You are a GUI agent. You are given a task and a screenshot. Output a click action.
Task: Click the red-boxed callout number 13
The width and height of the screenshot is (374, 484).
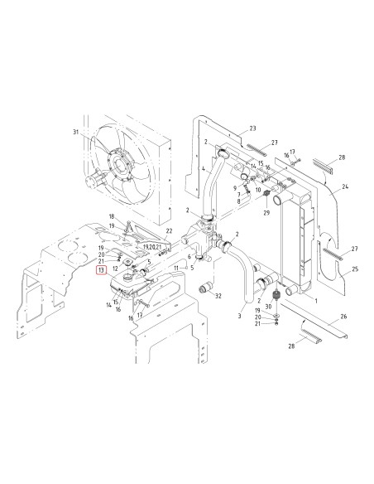pos(101,270)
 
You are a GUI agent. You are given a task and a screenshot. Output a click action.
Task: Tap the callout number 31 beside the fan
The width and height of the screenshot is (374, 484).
pos(76,132)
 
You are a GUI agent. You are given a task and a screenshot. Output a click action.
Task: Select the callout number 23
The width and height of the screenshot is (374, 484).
pos(252,128)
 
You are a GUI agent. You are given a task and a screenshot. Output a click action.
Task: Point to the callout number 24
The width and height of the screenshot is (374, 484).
pos(345,186)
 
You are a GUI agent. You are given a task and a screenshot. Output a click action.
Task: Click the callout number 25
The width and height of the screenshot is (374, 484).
pos(355,269)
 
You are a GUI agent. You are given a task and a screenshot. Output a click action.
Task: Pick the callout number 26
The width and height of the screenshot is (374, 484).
pos(343,317)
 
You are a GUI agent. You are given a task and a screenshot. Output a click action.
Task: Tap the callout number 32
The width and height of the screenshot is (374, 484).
pos(218,296)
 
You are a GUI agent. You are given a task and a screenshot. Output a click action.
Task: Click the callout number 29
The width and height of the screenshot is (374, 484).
pos(266,212)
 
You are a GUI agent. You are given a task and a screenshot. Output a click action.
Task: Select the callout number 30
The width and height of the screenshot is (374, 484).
pos(268,307)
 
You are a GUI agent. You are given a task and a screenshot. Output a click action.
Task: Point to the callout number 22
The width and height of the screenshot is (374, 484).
pos(169,231)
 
